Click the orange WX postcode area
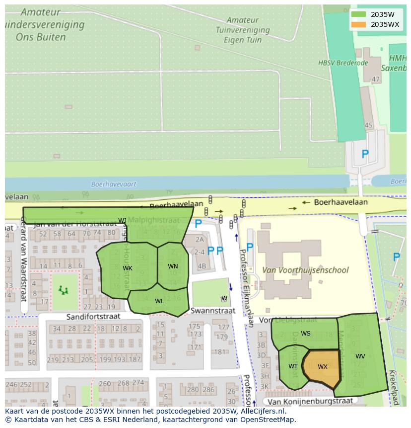pos(322,368)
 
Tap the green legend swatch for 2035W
pos(358,14)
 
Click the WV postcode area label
pos(360,356)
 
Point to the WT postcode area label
pos(293,366)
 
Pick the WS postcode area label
pos(306,334)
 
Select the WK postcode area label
pos(128,268)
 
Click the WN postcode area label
pos(173,266)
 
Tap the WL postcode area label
pos(159,301)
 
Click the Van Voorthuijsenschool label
pos(305,270)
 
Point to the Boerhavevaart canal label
pos(114,184)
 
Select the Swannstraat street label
pos(213,311)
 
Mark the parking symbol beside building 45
pos(365,155)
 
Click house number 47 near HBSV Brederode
pos(376,79)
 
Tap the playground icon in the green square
pos(63,290)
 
